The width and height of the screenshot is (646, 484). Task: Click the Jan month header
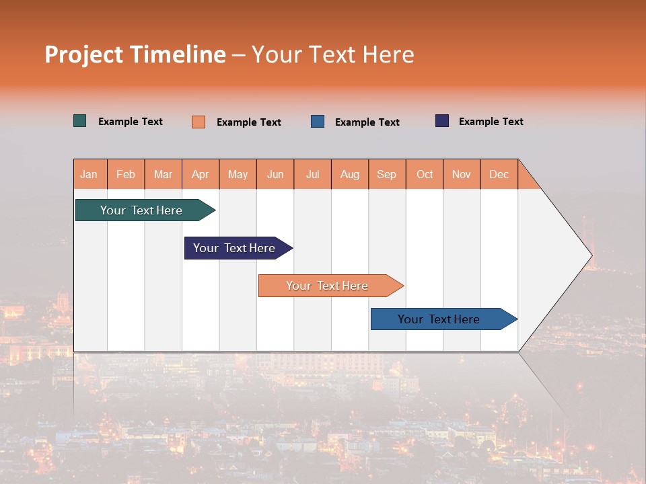click(89, 174)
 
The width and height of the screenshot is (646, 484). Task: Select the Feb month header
click(126, 174)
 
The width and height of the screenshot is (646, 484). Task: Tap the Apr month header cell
click(201, 174)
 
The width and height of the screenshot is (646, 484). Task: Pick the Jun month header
click(275, 174)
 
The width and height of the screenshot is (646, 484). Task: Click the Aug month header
click(350, 174)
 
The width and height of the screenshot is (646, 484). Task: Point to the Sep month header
click(387, 174)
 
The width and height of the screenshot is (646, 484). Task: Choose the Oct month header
click(425, 174)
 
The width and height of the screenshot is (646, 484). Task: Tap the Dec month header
click(499, 174)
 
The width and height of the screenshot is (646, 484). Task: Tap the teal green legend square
click(80, 121)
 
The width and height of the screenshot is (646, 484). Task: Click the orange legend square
click(199, 122)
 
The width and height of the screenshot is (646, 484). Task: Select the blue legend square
click(318, 122)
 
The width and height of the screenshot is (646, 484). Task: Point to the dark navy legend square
click(442, 121)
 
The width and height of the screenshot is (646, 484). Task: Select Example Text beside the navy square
click(491, 121)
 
